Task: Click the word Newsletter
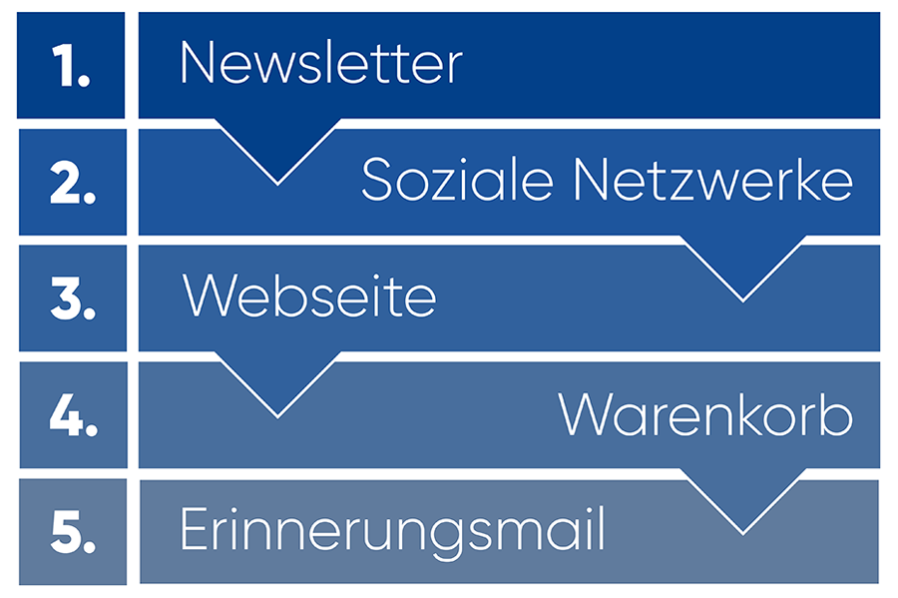(x=321, y=63)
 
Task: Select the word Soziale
(x=457, y=180)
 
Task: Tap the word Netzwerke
(x=713, y=180)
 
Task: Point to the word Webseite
(x=309, y=296)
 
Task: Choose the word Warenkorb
(x=705, y=413)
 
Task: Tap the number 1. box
(x=71, y=65)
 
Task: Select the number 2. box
(x=73, y=182)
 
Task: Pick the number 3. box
(x=73, y=299)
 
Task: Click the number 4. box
(x=73, y=415)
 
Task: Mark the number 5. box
(x=73, y=532)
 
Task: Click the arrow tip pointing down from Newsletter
(x=277, y=184)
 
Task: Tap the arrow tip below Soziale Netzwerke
(x=742, y=300)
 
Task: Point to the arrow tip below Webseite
(x=277, y=417)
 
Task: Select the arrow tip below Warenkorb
(x=742, y=533)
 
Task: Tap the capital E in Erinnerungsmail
(x=193, y=528)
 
